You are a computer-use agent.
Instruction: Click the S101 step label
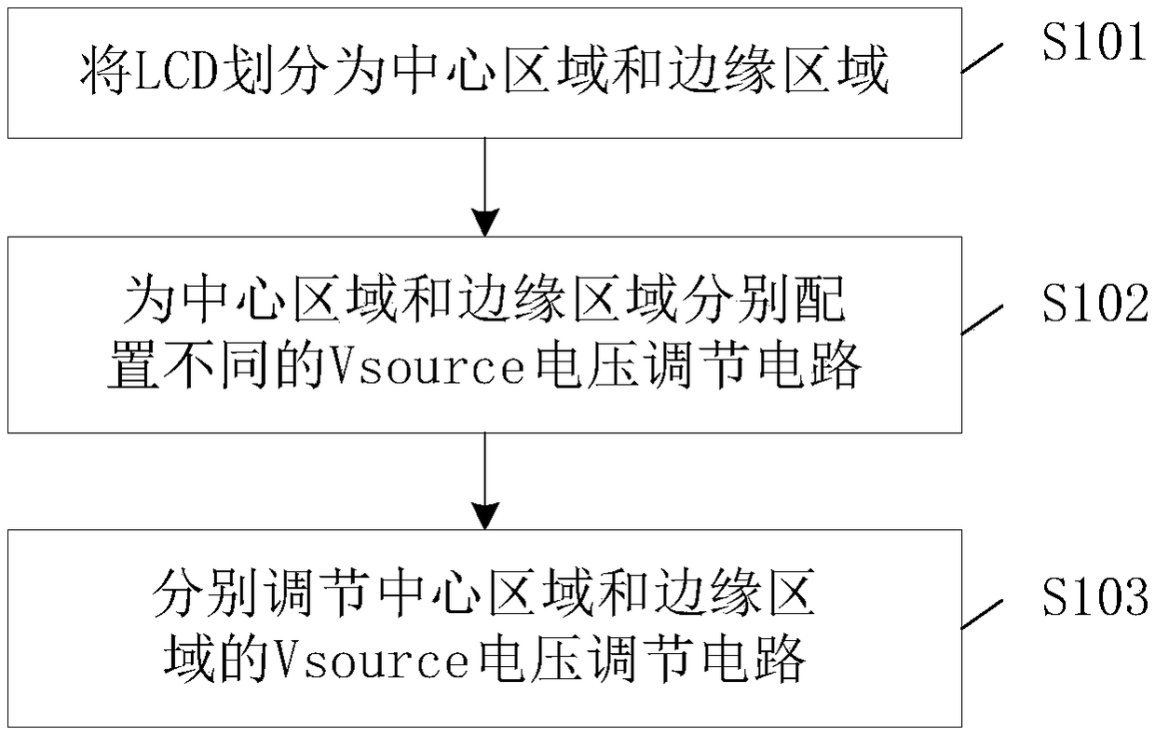click(x=1093, y=43)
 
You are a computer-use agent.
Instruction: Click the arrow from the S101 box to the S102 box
click(x=484, y=186)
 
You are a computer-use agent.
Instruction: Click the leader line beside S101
click(x=984, y=58)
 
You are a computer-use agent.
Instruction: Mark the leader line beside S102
click(x=984, y=320)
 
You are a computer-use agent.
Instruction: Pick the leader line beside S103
click(x=984, y=613)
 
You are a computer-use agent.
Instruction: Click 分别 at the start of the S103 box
click(x=203, y=595)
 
